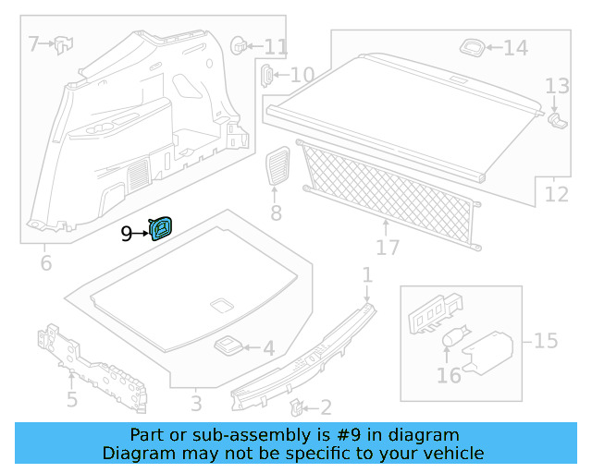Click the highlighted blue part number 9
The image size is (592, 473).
pos(163,228)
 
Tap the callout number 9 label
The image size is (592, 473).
pos(127,235)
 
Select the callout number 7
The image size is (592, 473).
pos(33,43)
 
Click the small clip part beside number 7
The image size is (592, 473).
pos(63,42)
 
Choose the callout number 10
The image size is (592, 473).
pos(302,76)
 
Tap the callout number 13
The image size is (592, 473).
pos(557,87)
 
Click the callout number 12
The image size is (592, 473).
pos(557,195)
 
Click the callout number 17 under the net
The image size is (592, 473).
pos(388,248)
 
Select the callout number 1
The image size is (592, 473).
pos(367,274)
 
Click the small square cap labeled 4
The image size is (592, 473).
pos(228,346)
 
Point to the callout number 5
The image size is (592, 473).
pos(71,400)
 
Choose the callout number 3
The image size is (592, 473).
pos(196,404)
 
